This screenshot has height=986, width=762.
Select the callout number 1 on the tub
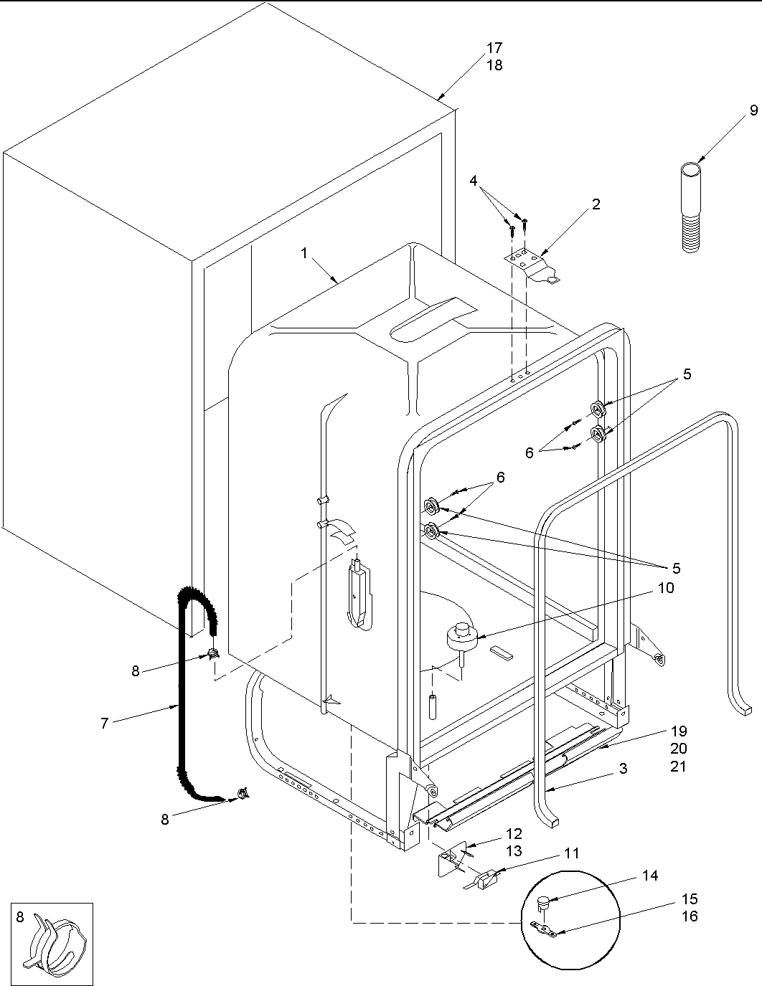point(304,253)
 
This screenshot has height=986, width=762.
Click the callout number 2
point(596,204)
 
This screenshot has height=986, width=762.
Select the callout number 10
point(666,588)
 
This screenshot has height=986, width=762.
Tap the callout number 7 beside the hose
point(105,724)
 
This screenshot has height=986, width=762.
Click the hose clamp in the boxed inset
point(55,949)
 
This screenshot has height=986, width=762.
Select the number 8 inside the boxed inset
point(20,916)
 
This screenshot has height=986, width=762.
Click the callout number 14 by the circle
point(649,876)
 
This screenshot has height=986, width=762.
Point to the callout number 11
point(571,853)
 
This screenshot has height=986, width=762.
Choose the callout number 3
point(623,769)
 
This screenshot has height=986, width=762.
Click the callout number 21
point(678,766)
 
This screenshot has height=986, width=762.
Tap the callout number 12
point(513,834)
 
